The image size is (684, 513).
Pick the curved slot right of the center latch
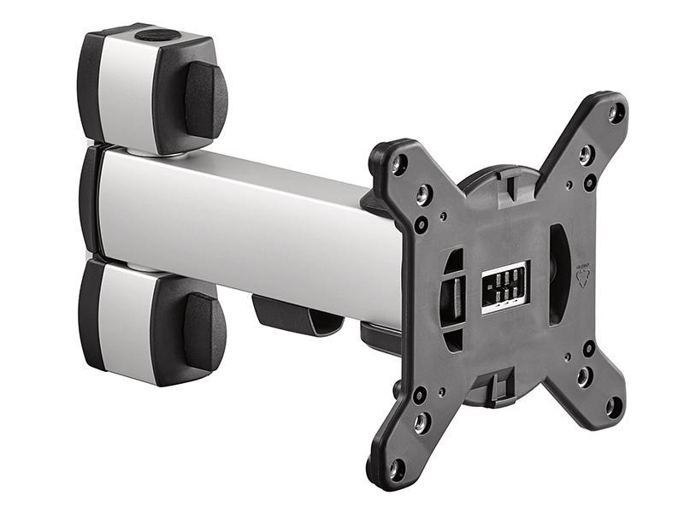coord(557,274)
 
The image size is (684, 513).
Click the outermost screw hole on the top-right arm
coord(616,110)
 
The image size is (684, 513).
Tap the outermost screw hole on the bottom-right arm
coord(613,406)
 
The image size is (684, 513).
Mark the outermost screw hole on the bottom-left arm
coord(396,469)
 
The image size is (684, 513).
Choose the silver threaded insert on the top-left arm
coord(423,196)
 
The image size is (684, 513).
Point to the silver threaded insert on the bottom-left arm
coord(422,422)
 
